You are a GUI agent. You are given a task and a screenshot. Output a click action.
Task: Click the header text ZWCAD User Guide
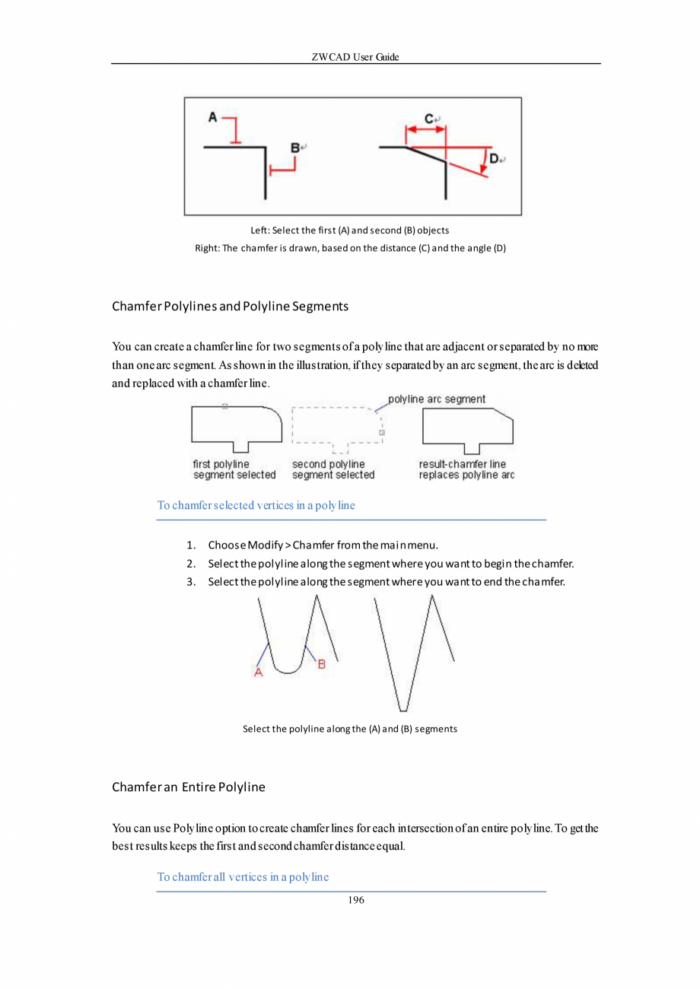coord(355,57)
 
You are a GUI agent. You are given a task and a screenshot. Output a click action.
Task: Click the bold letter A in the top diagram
coord(212,117)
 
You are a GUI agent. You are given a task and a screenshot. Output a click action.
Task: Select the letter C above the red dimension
coord(429,118)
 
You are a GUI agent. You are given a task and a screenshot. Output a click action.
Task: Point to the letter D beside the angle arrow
coord(494,158)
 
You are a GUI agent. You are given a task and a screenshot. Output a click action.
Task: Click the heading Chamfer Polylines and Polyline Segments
coord(230,307)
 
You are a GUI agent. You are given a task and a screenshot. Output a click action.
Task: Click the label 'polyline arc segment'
coord(437,399)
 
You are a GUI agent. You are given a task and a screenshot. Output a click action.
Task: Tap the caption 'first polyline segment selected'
coord(234,469)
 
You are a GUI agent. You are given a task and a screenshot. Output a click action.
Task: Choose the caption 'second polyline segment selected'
coord(333,469)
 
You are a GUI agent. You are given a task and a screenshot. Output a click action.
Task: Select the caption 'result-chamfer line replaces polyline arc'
coord(466,469)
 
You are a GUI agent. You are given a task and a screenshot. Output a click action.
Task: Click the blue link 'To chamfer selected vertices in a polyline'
coord(256,504)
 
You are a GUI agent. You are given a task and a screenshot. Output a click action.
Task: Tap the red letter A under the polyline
coord(258,672)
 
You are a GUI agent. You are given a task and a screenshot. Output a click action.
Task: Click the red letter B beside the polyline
coord(321,664)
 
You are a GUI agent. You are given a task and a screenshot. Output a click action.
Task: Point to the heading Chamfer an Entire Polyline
coord(189,787)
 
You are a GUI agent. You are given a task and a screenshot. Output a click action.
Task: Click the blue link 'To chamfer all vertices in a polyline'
coord(243,876)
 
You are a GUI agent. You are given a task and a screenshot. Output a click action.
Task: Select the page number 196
coord(355,900)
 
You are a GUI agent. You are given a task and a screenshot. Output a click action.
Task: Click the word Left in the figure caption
coord(258,230)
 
